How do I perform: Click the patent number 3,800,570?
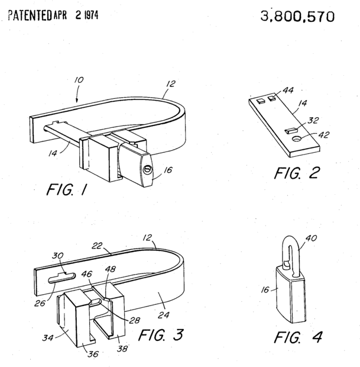pos(297,17)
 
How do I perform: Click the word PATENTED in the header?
pos(30,15)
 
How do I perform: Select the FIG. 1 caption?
pos(67,189)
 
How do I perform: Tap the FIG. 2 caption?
pos(297,173)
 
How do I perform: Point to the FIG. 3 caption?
pos(161,334)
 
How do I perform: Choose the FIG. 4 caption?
pos(299,337)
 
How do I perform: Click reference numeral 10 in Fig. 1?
pos(79,80)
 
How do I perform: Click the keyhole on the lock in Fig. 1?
pos(148,169)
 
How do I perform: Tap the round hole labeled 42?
pos(297,139)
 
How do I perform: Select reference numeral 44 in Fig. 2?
pos(288,90)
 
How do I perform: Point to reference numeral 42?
pos(324,134)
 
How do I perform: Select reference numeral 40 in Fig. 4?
pos(311,239)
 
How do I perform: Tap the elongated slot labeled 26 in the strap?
pos(61,278)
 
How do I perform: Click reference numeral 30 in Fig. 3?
pos(57,256)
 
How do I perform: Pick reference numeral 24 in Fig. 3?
pos(163,315)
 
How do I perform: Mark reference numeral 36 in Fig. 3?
pos(93,354)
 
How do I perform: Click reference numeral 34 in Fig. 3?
pos(48,338)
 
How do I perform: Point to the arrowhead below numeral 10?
pos(77,101)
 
